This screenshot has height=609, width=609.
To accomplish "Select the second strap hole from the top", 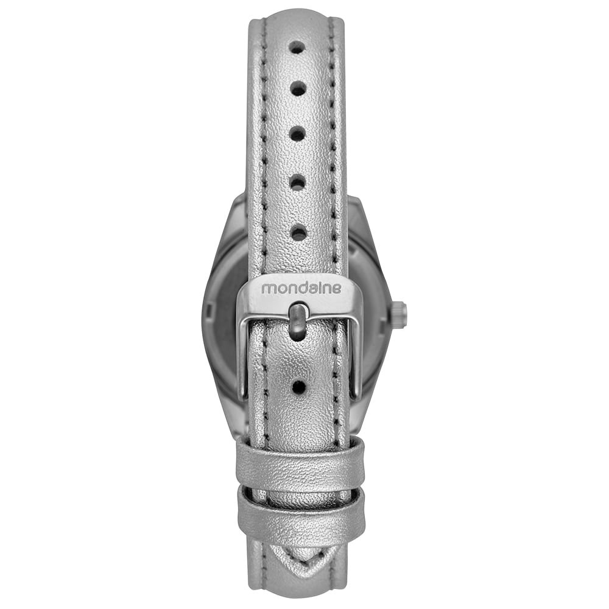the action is (x=298, y=89).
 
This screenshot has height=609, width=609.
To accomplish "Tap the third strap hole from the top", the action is (x=298, y=135).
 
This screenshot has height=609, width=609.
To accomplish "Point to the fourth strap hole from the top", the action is (x=298, y=181).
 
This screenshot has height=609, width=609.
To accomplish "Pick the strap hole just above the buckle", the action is (x=299, y=233).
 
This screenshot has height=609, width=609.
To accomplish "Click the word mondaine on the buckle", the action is (x=301, y=288).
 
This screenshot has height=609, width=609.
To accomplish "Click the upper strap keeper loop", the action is (x=300, y=461).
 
